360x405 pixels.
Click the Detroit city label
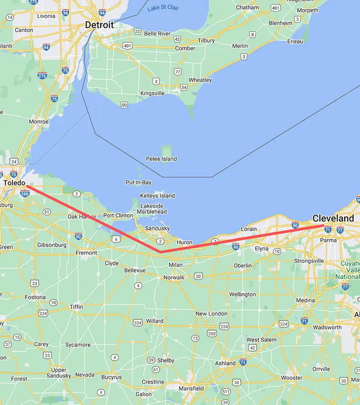click(x=99, y=25)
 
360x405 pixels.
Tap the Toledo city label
click(x=14, y=183)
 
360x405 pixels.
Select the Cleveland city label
click(x=333, y=218)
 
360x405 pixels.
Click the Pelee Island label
click(x=161, y=159)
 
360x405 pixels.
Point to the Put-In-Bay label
click(x=138, y=182)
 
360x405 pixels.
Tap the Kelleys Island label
click(x=157, y=196)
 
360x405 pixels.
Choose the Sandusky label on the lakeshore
click(x=157, y=228)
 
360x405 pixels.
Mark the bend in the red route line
click(x=161, y=252)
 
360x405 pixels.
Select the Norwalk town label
click(x=174, y=277)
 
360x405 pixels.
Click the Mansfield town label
click(x=191, y=388)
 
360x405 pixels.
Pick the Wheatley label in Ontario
click(x=200, y=80)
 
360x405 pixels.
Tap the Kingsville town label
click(x=153, y=93)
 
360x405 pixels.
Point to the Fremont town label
click(x=86, y=252)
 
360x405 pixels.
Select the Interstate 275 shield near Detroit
click(x=42, y=76)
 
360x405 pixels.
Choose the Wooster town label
click(x=292, y=378)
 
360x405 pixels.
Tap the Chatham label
click(x=247, y=8)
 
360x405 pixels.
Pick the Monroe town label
click(x=39, y=121)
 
